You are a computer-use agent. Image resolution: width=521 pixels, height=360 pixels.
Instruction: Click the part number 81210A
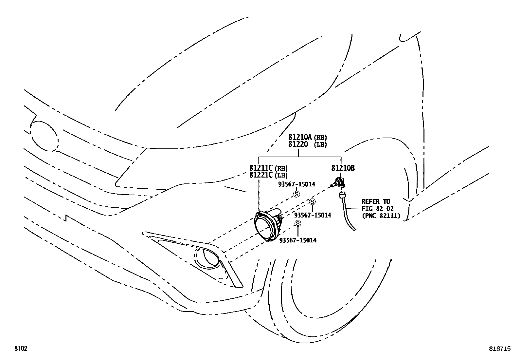300,137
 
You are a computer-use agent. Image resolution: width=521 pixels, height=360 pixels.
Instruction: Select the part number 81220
298,144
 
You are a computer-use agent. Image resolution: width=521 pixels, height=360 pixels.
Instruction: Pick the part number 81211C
261,168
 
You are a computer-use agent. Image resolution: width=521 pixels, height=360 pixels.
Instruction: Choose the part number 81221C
261,175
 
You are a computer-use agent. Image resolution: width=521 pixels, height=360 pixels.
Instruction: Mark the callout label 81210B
343,168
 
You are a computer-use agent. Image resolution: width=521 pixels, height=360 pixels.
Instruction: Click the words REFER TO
376,201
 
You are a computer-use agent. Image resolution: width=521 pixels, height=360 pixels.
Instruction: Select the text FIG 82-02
378,209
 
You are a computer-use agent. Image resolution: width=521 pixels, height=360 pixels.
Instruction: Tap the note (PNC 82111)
381,216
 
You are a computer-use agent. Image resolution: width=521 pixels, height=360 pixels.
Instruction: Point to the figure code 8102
20,349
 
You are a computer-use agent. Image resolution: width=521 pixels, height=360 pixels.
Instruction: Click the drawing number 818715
500,349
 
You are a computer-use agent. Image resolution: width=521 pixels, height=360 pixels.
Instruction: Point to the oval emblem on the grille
45,136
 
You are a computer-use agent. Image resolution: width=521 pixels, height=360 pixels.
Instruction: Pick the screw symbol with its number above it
296,194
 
